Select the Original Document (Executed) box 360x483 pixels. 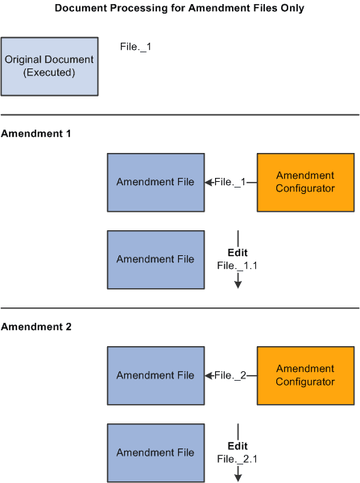click(x=50, y=65)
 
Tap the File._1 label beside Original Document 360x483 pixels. click(x=135, y=47)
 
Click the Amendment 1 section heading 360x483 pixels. click(x=36, y=133)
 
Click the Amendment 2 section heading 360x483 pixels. click(x=36, y=327)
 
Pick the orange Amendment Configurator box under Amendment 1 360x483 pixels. click(x=305, y=182)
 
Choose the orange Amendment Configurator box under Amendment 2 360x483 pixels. click(x=305, y=375)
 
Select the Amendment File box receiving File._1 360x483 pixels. click(x=155, y=182)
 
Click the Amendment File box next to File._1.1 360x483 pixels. click(x=155, y=259)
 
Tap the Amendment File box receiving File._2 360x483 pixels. click(x=155, y=375)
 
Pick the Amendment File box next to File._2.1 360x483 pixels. click(x=155, y=453)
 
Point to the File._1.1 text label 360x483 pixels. click(x=238, y=264)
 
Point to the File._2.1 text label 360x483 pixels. click(x=238, y=458)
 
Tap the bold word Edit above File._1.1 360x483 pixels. click(x=238, y=252)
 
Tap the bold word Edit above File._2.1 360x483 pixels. click(x=238, y=446)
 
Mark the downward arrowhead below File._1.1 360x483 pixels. click(x=238, y=284)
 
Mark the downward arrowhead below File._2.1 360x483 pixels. click(x=238, y=477)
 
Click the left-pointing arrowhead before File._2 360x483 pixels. click(x=209, y=375)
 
